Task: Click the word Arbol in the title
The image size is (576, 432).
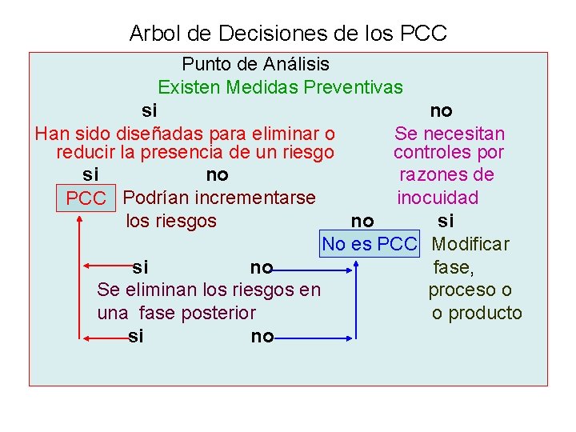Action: tap(153, 34)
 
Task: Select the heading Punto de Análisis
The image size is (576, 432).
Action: tap(255, 63)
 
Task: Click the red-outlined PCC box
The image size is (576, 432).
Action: tap(86, 198)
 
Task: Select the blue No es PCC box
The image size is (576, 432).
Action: tap(370, 243)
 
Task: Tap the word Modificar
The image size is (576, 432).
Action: tap(471, 243)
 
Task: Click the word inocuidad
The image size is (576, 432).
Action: tap(438, 197)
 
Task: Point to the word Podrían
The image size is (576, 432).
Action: tap(156, 197)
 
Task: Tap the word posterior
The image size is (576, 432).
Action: tap(218, 313)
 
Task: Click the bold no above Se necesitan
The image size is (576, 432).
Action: tap(441, 110)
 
